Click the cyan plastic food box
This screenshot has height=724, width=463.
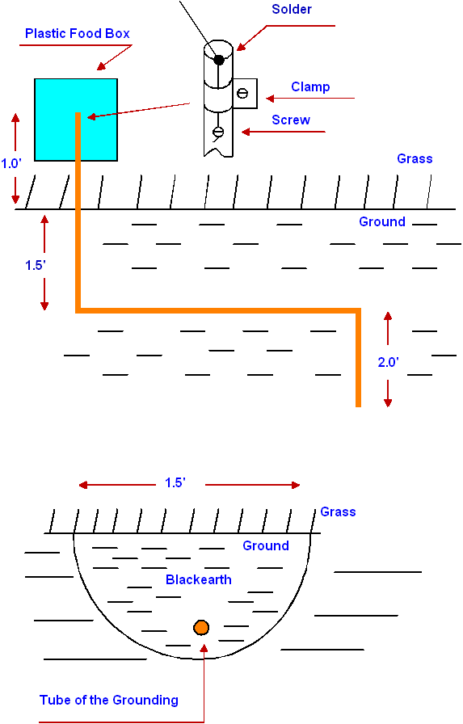(76, 120)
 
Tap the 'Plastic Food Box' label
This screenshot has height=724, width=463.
(78, 34)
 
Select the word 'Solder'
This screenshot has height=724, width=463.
(292, 9)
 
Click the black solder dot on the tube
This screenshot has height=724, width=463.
(219, 60)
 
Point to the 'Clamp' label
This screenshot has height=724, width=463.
(310, 86)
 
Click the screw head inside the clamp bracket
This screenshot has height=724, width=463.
(242, 93)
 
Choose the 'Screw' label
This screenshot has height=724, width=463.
(291, 120)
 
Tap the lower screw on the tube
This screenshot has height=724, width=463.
(218, 132)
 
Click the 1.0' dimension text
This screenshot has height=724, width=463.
(11, 164)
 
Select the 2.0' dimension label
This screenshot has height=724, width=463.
(388, 363)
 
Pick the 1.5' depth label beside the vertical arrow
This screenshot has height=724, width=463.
(35, 266)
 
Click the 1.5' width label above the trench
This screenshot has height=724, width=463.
(175, 482)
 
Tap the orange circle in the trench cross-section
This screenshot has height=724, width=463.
(201, 628)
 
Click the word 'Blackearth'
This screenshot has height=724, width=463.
(199, 579)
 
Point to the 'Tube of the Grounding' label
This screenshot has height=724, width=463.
(109, 700)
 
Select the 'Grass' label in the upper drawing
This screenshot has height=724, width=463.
(415, 159)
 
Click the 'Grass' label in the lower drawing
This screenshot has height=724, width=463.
(338, 511)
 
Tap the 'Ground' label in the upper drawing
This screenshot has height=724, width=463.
(382, 221)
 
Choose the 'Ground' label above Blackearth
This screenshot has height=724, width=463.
(266, 545)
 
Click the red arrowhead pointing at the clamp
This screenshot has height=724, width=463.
(271, 99)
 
